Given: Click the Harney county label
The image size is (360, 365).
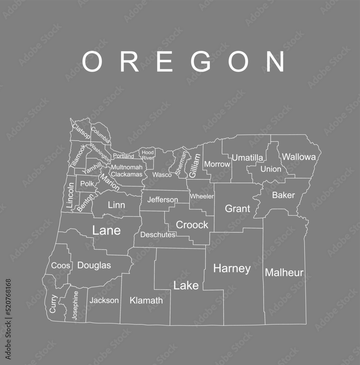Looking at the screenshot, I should (232, 269).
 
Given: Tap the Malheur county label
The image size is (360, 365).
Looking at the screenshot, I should (284, 272).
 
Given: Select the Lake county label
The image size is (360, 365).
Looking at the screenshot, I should (186, 285).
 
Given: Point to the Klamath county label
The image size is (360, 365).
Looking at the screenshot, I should (146, 301).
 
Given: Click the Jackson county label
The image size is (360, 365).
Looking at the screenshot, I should (104, 300).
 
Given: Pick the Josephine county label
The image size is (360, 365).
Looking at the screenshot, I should (75, 305).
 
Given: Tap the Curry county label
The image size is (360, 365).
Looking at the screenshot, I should (53, 303).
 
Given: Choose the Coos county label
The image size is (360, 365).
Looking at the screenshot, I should (61, 266).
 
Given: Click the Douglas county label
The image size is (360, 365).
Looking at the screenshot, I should (94, 265).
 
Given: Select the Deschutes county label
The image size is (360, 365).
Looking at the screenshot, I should (158, 235).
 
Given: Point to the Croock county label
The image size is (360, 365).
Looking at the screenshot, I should (192, 225).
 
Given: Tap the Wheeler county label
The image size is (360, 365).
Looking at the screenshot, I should (202, 196).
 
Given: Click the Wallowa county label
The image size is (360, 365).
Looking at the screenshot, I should (299, 157).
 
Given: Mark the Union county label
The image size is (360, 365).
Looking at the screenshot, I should (271, 169).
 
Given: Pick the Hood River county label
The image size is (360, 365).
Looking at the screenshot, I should (148, 155).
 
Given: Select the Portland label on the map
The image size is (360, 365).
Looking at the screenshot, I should (123, 156).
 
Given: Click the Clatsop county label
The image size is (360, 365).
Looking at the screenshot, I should (81, 131).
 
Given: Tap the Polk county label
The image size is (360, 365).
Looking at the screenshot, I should (87, 184).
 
